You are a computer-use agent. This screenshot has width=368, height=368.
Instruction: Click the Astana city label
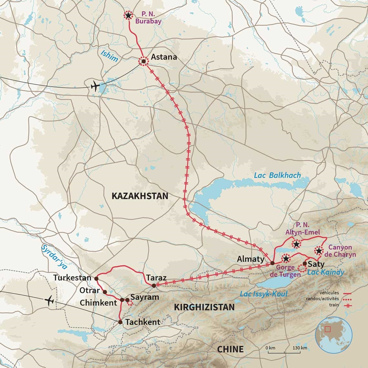pyautogui.click(x=164, y=57)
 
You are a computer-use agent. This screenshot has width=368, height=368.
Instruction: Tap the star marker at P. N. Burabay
pyautogui.click(x=128, y=15)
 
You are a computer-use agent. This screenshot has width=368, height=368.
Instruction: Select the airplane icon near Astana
pyautogui.click(x=95, y=87)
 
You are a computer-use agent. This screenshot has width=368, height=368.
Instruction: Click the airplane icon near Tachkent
pyautogui.click(x=49, y=301)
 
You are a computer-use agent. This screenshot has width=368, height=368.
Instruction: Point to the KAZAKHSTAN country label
pyautogui.click(x=140, y=196)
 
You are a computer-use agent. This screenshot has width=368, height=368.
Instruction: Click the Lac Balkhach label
pyautogui.click(x=277, y=176)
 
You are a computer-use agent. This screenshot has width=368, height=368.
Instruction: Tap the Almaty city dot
pyautogui.click(x=272, y=263)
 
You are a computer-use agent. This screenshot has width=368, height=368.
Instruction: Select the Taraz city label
pyautogui.click(x=156, y=278)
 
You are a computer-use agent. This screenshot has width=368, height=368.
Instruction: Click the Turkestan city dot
pyautogui.click(x=96, y=278)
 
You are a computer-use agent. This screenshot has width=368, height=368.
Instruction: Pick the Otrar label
pyautogui.click(x=90, y=290)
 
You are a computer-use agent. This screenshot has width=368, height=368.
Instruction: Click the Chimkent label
pyautogui.click(x=98, y=303)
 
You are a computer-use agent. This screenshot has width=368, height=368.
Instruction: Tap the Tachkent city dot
pyautogui.click(x=120, y=322)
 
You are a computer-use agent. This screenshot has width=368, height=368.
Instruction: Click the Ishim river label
pyautogui.click(x=109, y=56)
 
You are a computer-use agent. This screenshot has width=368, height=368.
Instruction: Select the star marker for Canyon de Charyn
pyautogui.click(x=319, y=251)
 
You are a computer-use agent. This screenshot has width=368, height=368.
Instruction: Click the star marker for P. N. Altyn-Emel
pyautogui.click(x=296, y=244)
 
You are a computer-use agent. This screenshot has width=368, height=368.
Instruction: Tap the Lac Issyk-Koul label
pyautogui.click(x=263, y=294)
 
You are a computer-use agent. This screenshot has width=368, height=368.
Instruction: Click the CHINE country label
pyautogui.click(x=230, y=349)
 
